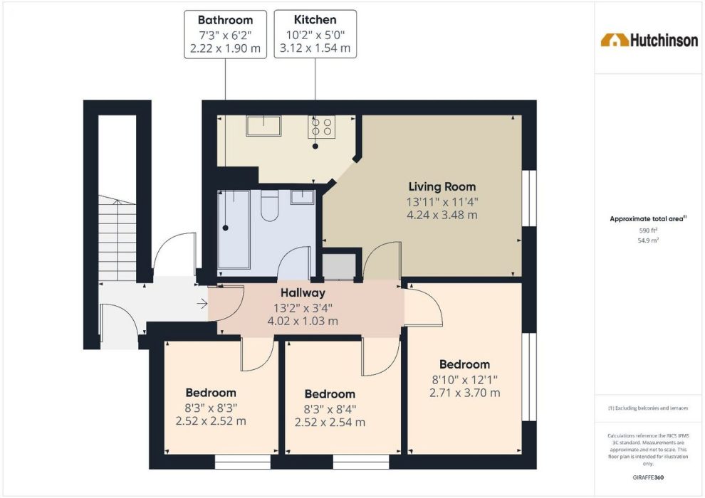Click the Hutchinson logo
tap(649, 40)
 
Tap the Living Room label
tap(442, 187)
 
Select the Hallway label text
tap(303, 293)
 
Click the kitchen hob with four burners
tap(321, 127)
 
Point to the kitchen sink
tap(263, 126)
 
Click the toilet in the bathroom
tap(269, 206)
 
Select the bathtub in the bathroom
tap(234, 230)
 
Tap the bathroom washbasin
tap(302, 197)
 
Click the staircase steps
tap(117, 238)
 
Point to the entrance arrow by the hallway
tap(202, 304)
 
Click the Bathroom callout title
tap(225, 20)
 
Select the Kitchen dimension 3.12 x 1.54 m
tap(315, 48)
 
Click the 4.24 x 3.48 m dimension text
tap(442, 215)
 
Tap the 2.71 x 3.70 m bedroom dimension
tap(464, 393)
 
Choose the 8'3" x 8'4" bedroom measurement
tap(330, 409)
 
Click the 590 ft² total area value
tap(648, 231)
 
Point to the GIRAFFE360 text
tap(648, 477)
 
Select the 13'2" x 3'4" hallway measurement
tap(303, 308)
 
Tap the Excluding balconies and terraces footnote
tap(648, 408)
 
